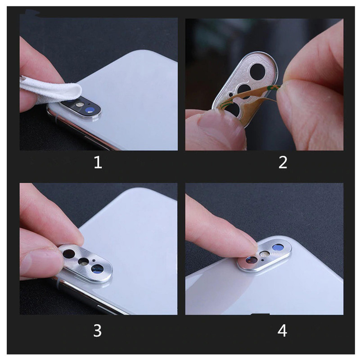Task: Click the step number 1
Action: point(98,162)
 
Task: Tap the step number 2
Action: point(283,162)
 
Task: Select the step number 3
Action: point(97,331)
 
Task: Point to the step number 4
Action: point(282,331)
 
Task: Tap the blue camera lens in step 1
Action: point(89,110)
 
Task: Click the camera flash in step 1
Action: point(79,105)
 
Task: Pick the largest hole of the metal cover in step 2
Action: point(257,71)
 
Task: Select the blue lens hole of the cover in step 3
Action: point(97,269)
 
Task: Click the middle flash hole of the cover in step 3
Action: point(83,261)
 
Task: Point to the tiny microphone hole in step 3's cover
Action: point(94,261)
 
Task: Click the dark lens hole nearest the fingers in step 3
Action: point(69,253)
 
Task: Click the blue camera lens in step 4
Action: point(278,247)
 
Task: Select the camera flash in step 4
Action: point(265,254)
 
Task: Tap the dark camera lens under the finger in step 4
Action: point(252,260)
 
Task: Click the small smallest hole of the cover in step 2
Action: point(231,94)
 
